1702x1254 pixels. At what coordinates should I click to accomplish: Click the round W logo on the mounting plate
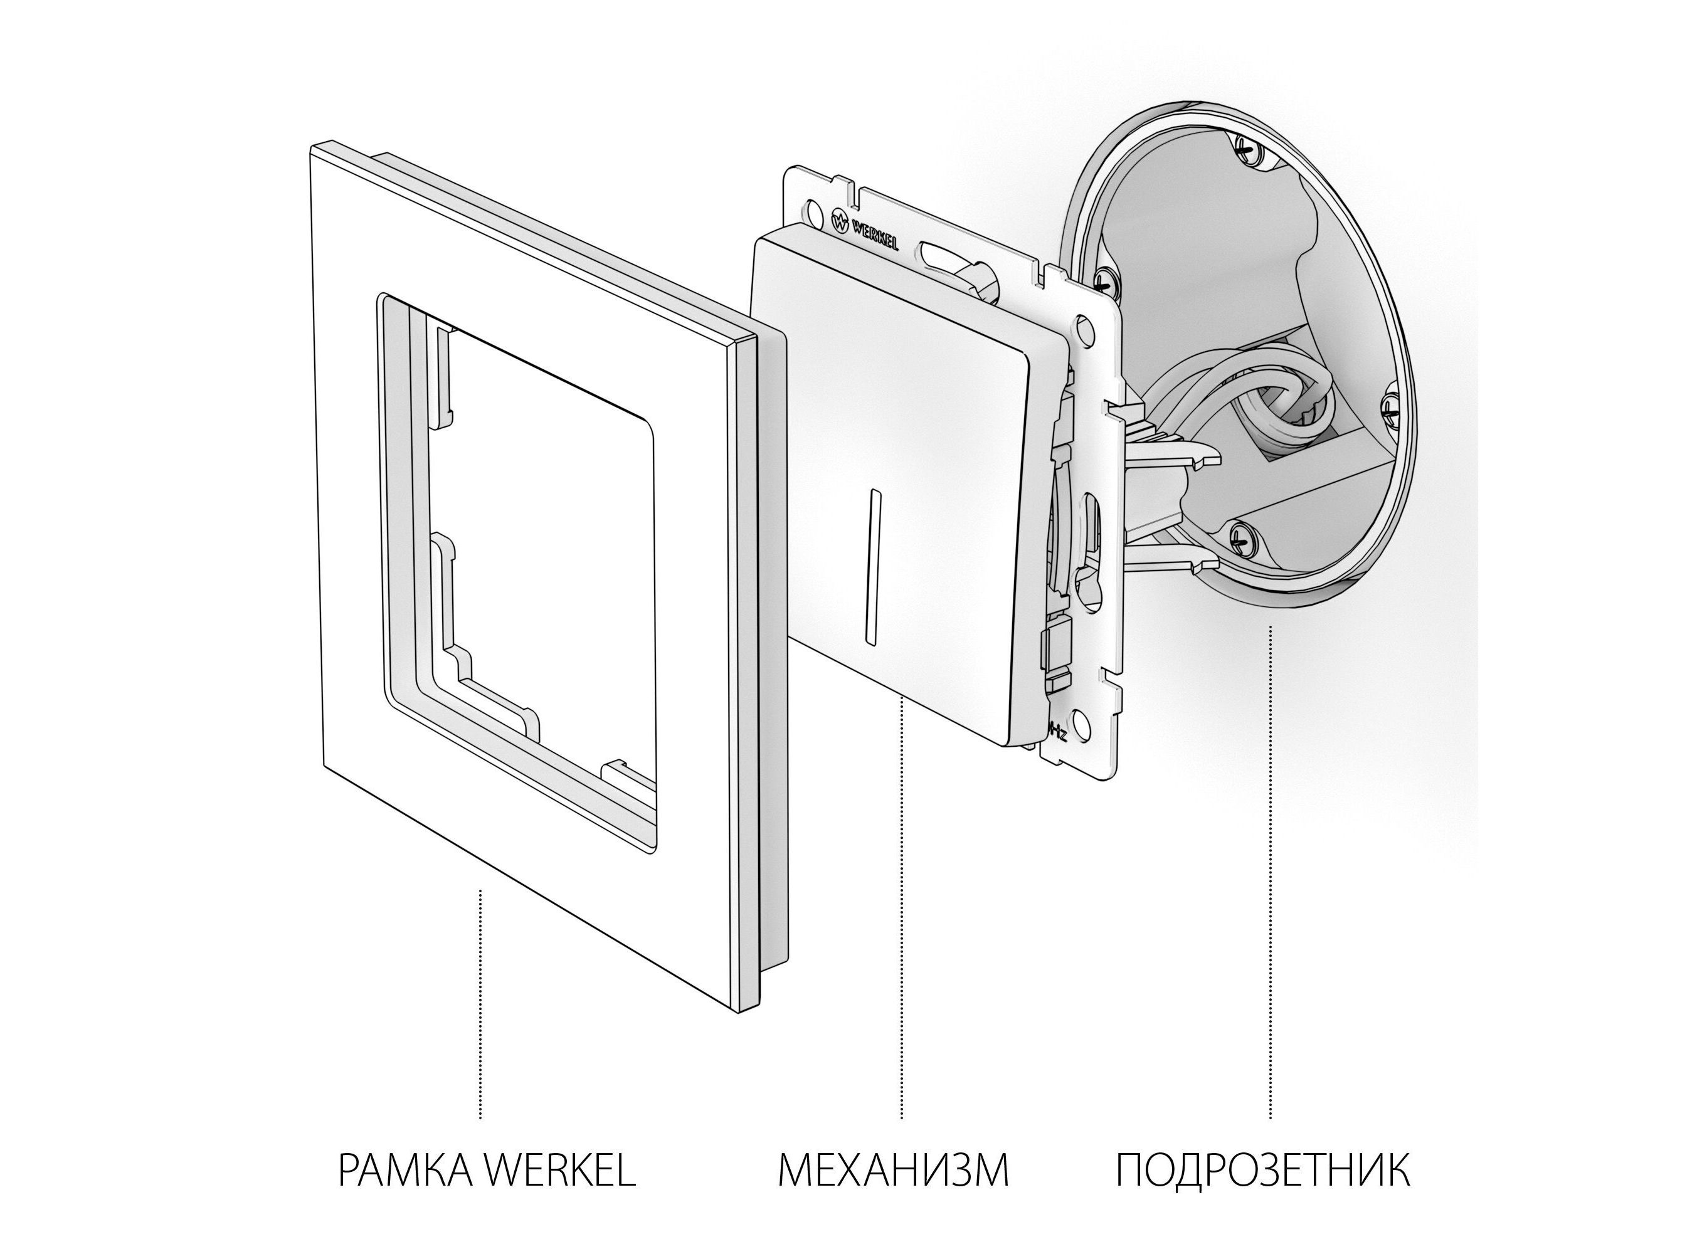click(x=840, y=223)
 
